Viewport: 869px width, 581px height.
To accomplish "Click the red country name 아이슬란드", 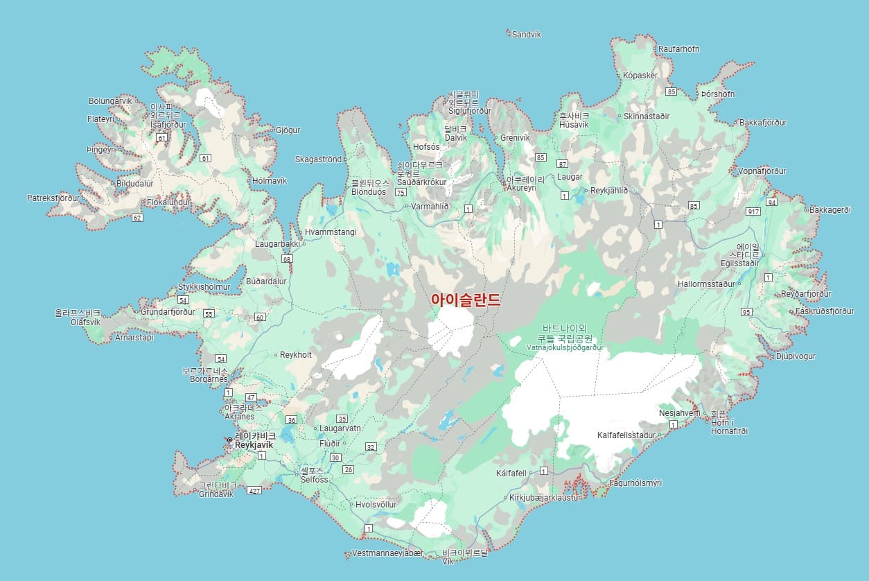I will tap(465, 300).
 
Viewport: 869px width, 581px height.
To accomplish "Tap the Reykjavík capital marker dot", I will tap(229, 440).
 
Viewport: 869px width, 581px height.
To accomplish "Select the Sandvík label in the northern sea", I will tap(526, 34).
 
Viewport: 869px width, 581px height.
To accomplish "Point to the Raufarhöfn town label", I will tap(678, 49).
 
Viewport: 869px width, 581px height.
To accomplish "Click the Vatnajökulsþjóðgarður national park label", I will tap(565, 347).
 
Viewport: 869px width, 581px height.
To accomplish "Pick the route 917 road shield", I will tap(754, 211).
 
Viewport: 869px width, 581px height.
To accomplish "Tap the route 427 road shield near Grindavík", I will tap(254, 490).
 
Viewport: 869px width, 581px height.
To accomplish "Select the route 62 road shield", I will tap(137, 218).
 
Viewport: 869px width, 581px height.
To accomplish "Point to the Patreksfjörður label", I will tap(53, 198).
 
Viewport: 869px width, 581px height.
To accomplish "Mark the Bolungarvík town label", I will tap(109, 101).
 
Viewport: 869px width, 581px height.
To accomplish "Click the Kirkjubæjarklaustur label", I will tap(544, 498).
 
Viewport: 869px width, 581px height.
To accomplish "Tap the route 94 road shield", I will tap(772, 202).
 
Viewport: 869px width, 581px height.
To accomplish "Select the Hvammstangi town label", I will tap(331, 232).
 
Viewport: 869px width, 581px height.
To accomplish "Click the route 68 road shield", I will tap(287, 259).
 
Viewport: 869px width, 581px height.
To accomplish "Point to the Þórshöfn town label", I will tap(718, 94).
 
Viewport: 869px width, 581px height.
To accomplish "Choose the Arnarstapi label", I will tap(134, 338).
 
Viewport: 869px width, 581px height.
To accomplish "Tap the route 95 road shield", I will tap(746, 312).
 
